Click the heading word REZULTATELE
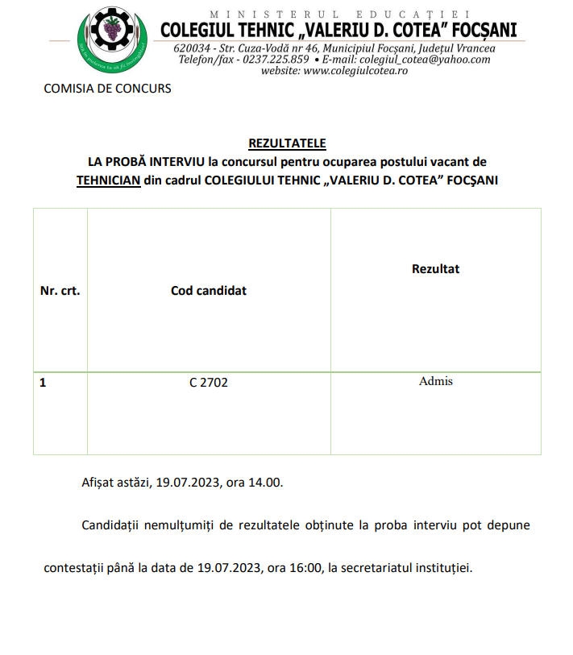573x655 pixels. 287,143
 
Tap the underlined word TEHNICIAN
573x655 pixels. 109,180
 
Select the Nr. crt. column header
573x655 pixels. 60,291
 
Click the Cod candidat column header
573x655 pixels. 209,291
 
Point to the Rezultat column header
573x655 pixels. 435,268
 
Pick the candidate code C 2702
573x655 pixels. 209,383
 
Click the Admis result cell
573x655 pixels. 435,381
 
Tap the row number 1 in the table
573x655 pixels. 44,383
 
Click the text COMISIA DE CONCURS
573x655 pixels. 107,89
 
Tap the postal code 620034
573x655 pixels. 190,48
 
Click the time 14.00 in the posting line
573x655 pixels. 268,483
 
